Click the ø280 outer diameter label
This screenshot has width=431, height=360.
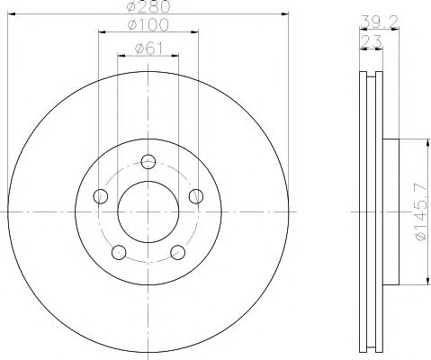pos(148,8)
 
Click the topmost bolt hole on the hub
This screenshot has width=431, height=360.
pos(148,163)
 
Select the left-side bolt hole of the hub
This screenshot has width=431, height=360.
pos(101,196)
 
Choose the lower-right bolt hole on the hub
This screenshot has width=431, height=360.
pos(177,252)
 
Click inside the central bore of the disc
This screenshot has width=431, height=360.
pos(148,212)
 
